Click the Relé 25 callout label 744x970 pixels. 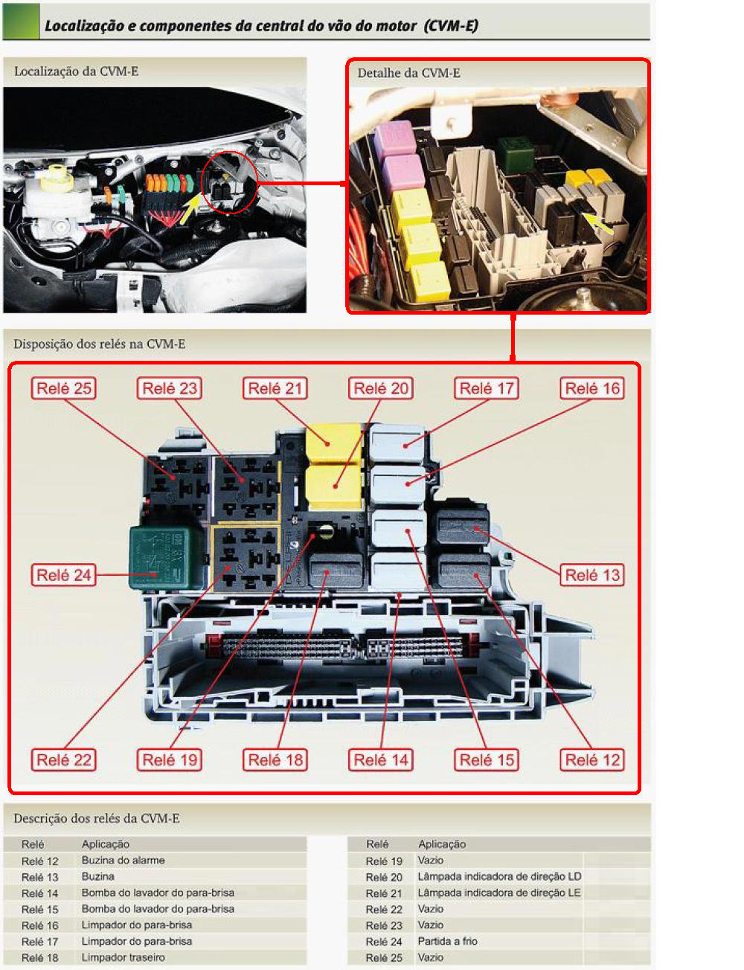pos(63,388)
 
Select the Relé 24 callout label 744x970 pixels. pos(63,575)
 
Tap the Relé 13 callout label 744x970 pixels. pos(592,575)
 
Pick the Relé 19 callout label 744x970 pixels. pos(170,759)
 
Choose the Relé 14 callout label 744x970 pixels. pos(381,759)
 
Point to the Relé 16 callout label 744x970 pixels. pos(592,388)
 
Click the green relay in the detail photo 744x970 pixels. pos(516,154)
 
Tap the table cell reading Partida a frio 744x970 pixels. pos(447,941)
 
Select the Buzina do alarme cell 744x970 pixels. pos(124,860)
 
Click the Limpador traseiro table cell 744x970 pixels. pos(124,957)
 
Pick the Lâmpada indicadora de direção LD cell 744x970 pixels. pos(499,876)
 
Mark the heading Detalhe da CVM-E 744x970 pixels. pos(408,73)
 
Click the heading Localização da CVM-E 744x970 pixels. pos(77,71)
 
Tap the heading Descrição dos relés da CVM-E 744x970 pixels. pos(97,818)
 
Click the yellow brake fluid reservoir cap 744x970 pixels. pos(57,177)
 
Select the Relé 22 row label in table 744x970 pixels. pos(384,909)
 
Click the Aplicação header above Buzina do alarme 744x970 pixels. pos(106,844)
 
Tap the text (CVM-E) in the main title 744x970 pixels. pos(451,26)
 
